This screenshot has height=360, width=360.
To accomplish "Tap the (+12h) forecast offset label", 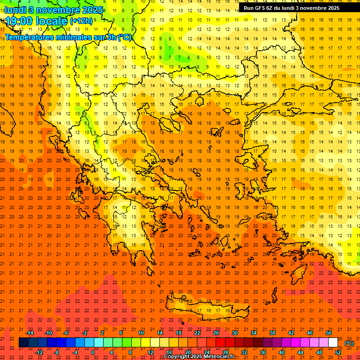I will click(x=81, y=21).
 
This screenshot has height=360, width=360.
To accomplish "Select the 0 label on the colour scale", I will click(x=93, y=352).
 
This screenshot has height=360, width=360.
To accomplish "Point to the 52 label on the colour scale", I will click(x=338, y=352).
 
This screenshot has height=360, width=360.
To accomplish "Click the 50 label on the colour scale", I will click(x=329, y=333).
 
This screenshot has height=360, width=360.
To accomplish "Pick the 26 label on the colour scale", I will click(x=216, y=333).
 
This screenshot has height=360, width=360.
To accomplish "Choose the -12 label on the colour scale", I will click(x=39, y=352).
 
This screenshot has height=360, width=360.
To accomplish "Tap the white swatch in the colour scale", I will click(x=333, y=343).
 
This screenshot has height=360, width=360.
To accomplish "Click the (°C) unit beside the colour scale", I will click(x=349, y=343).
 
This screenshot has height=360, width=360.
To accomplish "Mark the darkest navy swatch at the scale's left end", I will click(x=23, y=343).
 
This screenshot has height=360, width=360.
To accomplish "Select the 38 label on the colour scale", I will click(x=272, y=333).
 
